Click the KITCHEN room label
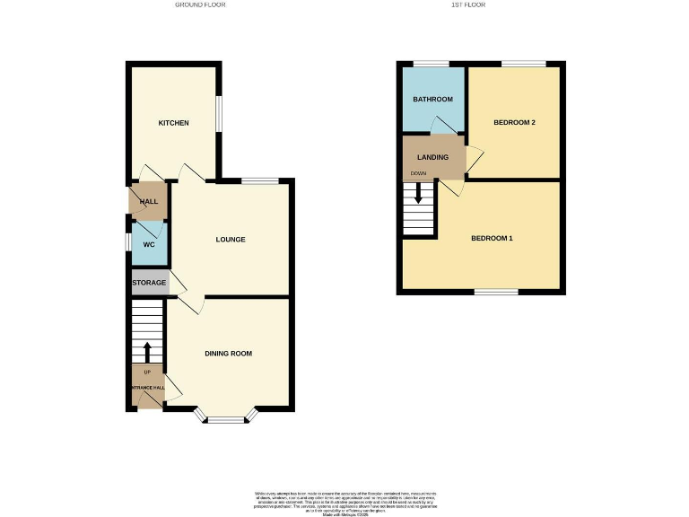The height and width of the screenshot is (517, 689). (173, 122)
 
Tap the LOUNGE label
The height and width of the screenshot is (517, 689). (231, 240)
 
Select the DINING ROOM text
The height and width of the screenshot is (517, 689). (228, 354)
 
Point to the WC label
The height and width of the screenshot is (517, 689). (150, 244)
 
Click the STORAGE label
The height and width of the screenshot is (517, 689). (149, 283)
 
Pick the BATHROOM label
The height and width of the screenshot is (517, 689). (432, 99)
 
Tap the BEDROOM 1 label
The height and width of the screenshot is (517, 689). (493, 238)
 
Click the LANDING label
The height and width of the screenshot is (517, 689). (432, 157)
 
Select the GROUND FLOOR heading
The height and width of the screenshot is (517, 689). (200, 4)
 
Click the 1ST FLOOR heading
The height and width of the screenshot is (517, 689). (468, 4)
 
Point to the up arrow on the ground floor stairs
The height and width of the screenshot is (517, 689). (148, 351)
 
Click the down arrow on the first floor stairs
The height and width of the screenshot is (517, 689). (418, 194)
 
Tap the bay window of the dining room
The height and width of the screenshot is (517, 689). (227, 417)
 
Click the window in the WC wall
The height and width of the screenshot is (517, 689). (128, 243)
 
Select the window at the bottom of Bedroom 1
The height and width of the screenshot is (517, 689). (496, 292)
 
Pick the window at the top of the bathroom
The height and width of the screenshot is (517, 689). (432, 63)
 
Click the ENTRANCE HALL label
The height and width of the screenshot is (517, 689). (147, 388)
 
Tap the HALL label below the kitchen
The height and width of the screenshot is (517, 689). (148, 202)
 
